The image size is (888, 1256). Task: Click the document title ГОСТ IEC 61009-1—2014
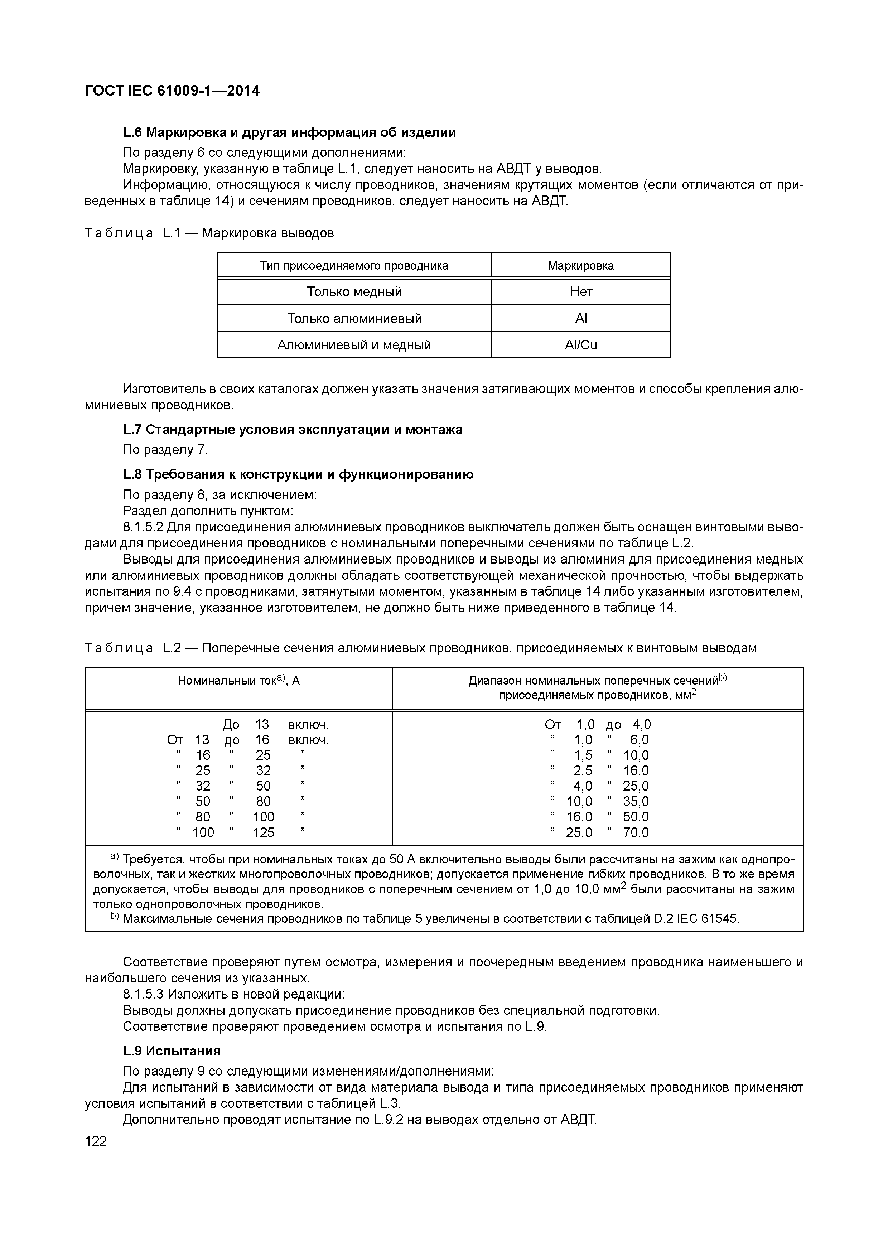(x=172, y=91)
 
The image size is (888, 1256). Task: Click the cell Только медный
(x=354, y=291)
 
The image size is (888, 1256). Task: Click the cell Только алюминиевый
(x=354, y=318)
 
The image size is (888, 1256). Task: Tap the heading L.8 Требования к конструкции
(x=298, y=474)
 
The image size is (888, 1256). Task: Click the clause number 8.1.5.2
(x=143, y=527)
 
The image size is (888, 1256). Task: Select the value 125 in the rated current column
(x=263, y=832)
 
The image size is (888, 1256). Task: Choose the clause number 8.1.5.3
(x=143, y=994)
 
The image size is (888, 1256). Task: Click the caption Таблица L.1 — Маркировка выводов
(x=209, y=233)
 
